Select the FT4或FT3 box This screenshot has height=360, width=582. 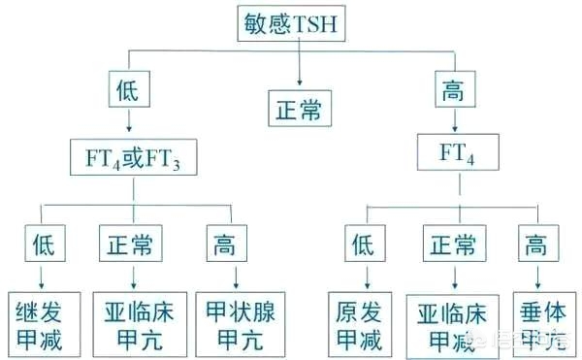[132, 156]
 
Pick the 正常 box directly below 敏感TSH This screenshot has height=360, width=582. [301, 104]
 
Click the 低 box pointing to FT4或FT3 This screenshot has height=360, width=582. [130, 92]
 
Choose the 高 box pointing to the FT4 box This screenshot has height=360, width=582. [452, 92]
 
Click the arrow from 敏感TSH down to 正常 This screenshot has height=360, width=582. [300, 63]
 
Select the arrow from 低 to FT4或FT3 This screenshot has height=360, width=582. [130, 122]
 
